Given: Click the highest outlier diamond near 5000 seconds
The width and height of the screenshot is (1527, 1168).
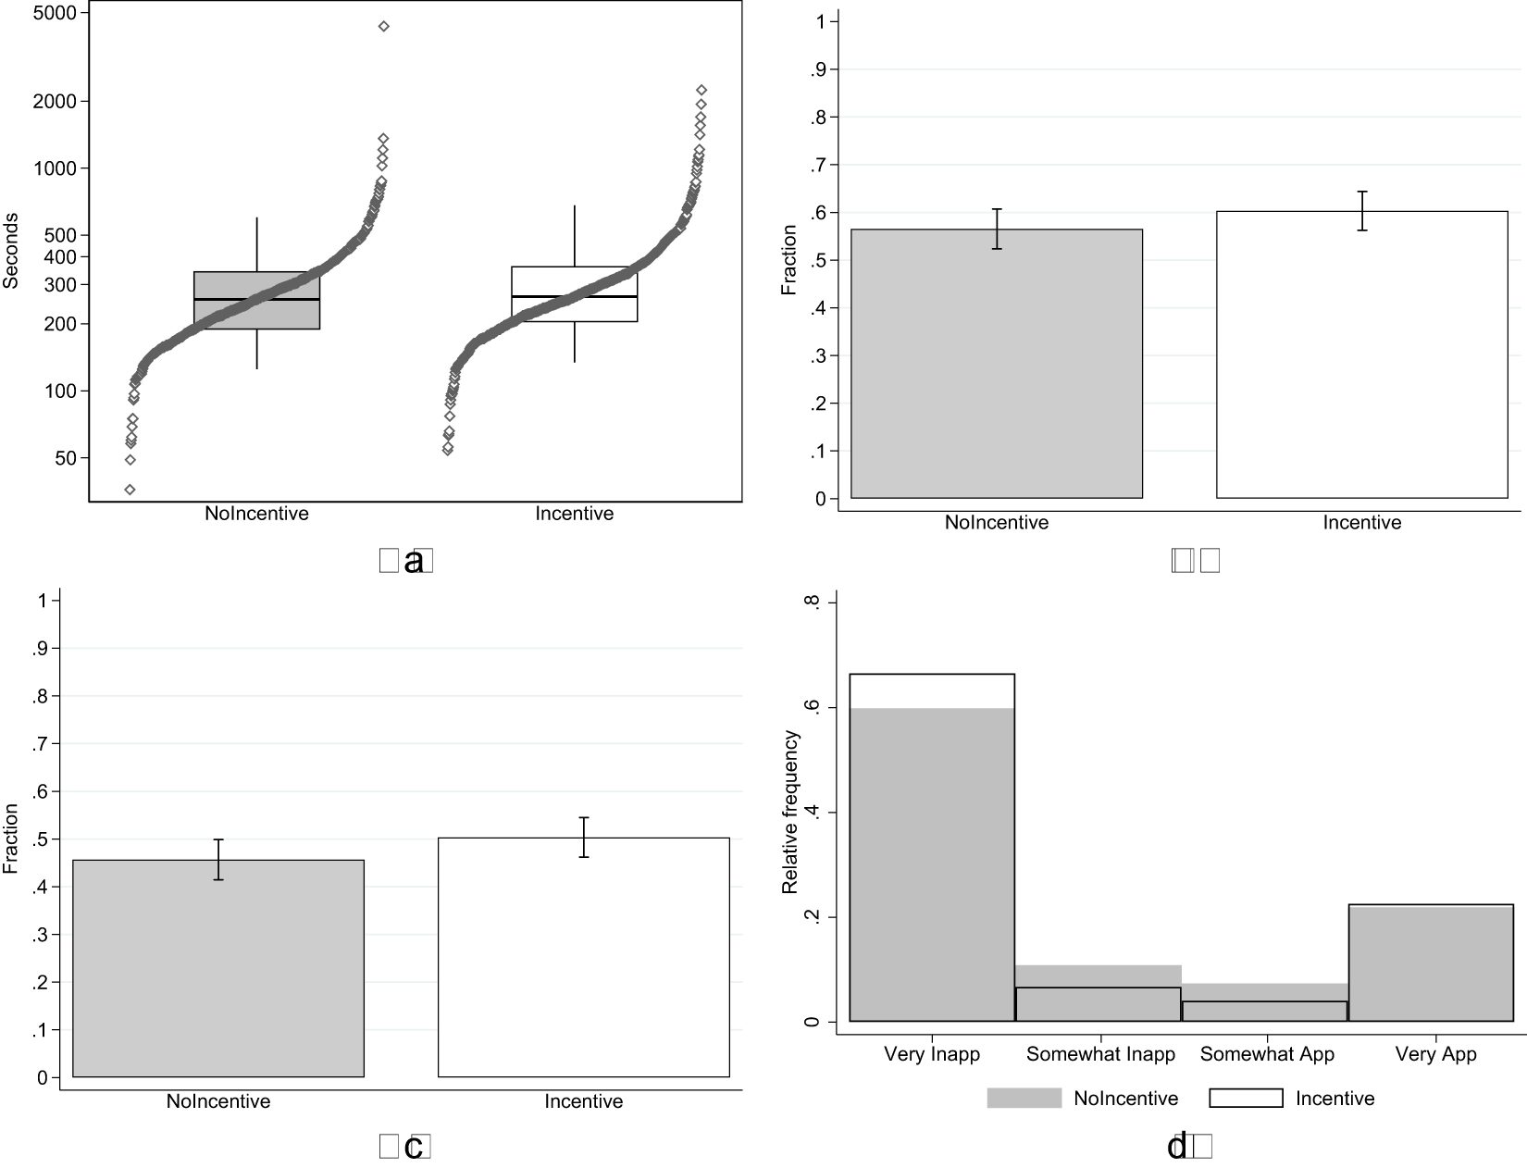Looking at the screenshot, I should pos(384,27).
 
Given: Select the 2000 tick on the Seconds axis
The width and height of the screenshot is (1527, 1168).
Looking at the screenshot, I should pos(55,101).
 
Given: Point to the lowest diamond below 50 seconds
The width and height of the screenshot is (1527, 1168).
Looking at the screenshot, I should pos(130,490).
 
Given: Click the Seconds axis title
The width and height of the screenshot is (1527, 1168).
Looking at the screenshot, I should pos(11,251).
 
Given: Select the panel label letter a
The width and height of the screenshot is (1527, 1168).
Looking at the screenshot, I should pos(414,561).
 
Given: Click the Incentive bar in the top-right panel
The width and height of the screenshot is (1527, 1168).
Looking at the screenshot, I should pos(1361,370).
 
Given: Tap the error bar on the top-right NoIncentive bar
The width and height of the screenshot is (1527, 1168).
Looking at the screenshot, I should pos(997,229).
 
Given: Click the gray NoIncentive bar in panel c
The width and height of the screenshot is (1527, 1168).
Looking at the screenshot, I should pos(218,972).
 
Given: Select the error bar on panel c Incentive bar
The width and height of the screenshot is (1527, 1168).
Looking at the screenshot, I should pos(584,837).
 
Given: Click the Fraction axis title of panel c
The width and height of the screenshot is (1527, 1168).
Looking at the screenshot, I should pos(11,839).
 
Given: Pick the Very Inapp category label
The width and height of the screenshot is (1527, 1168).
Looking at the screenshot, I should pos(931,1054).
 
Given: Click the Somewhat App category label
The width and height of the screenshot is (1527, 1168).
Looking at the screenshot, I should pos(1266,1054).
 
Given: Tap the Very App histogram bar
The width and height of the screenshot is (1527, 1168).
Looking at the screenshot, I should pos(1434,967).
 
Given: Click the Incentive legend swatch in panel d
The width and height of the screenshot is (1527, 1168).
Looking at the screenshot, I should pos(1246,1099).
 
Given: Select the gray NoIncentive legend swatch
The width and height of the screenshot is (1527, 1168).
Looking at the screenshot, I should pos(1024,1099).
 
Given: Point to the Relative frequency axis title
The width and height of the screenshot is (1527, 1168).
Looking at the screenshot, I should pos(789,812).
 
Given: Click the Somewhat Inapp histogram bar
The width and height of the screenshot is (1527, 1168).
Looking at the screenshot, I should pos(1099,1000).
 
